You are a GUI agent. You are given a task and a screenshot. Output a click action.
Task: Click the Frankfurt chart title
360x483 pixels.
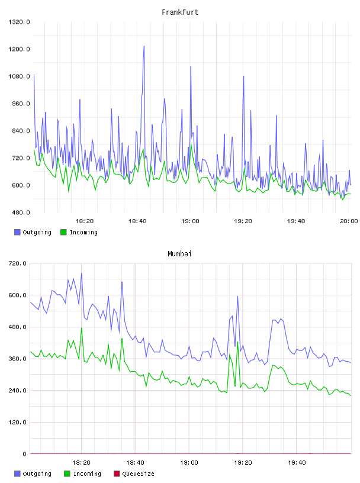(x=180, y=12)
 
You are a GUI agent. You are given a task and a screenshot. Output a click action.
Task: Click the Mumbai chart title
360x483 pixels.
(x=179, y=254)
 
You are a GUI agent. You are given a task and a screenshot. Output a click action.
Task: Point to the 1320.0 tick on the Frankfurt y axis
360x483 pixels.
(x=19, y=22)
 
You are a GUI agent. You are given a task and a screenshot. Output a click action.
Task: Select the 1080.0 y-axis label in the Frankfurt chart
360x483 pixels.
(x=19, y=76)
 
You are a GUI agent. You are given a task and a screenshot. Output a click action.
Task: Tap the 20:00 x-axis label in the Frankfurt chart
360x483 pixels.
(x=349, y=221)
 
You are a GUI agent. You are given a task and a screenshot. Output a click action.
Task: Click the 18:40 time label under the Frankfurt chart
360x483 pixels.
(x=137, y=221)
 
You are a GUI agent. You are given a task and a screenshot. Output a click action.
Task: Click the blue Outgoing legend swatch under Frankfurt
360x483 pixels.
(x=17, y=232)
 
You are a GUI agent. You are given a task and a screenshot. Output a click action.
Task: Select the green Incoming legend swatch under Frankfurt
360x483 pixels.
(x=63, y=232)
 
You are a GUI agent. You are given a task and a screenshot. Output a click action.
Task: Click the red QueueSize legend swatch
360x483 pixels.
(x=117, y=474)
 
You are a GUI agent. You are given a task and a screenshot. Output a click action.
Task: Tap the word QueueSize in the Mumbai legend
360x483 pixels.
(x=138, y=474)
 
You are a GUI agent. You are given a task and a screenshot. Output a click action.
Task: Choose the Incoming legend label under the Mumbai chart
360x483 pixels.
(x=87, y=474)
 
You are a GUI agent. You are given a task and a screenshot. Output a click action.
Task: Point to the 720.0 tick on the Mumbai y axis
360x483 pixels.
(x=18, y=263)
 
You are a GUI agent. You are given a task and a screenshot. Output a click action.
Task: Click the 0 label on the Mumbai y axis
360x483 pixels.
(x=24, y=454)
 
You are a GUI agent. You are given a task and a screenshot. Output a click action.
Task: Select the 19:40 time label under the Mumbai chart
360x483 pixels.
(x=297, y=463)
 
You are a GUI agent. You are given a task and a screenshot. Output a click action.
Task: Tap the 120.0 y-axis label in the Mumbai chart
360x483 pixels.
(x=18, y=422)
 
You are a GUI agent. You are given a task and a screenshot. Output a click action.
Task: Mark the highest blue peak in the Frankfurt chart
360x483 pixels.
(x=144, y=46)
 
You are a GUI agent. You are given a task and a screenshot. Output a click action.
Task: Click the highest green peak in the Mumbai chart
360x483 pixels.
(x=82, y=328)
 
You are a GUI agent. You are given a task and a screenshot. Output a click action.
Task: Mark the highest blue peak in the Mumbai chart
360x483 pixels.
(x=81, y=273)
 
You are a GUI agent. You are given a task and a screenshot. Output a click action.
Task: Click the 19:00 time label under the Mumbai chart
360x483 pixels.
(x=189, y=463)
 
